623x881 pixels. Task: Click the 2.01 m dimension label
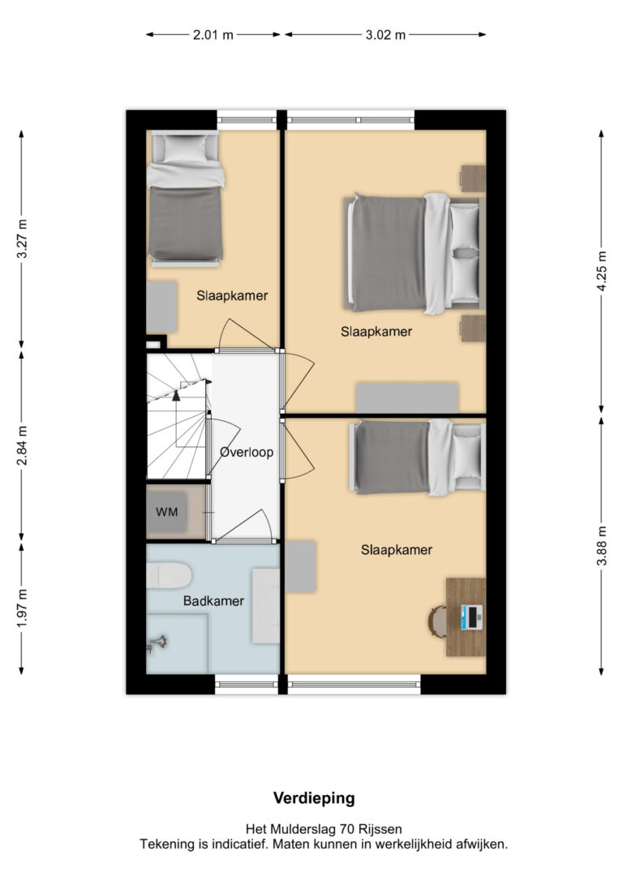[213, 35]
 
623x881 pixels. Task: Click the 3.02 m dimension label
[385, 35]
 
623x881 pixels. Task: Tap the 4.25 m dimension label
[602, 271]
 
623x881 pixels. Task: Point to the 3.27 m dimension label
[22, 239]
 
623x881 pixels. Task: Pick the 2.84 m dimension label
[22, 446]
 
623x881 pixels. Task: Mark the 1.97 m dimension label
[22, 608]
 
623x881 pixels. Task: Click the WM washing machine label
[167, 512]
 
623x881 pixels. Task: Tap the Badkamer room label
[213, 601]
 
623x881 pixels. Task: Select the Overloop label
[247, 452]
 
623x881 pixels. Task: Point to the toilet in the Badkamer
[169, 575]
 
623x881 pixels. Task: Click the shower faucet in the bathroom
[157, 643]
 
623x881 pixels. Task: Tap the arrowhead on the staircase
[176, 395]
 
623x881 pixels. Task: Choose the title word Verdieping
[314, 798]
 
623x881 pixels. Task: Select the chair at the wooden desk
[437, 621]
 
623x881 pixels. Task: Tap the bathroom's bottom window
[247, 684]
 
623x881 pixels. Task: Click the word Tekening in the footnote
[165, 844]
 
